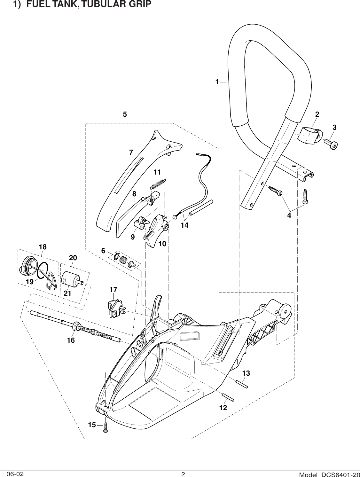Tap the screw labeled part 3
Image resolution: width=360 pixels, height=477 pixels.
(330, 143)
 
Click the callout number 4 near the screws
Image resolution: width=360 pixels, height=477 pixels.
(289, 215)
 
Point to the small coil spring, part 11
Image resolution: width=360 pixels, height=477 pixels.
(158, 183)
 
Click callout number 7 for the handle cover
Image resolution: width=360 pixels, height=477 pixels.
(131, 153)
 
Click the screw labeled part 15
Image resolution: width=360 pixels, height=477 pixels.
(106, 430)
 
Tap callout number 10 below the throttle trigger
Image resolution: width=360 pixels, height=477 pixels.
(162, 243)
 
